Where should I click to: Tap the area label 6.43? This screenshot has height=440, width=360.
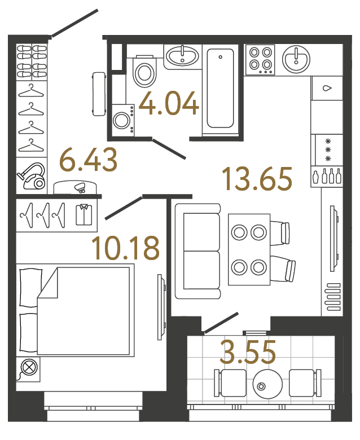pyautogui.click(x=89, y=161)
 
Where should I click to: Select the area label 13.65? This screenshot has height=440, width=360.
pyautogui.click(x=257, y=178)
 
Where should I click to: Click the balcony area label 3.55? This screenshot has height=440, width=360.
pyautogui.click(x=248, y=353)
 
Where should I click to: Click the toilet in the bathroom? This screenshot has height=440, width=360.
pyautogui.click(x=144, y=72)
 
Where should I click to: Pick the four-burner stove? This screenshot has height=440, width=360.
pyautogui.click(x=260, y=59)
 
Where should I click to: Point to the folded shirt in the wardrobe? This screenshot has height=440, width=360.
pyautogui.click(x=85, y=215)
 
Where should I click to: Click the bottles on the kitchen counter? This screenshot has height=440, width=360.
pyautogui.click(x=327, y=177)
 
